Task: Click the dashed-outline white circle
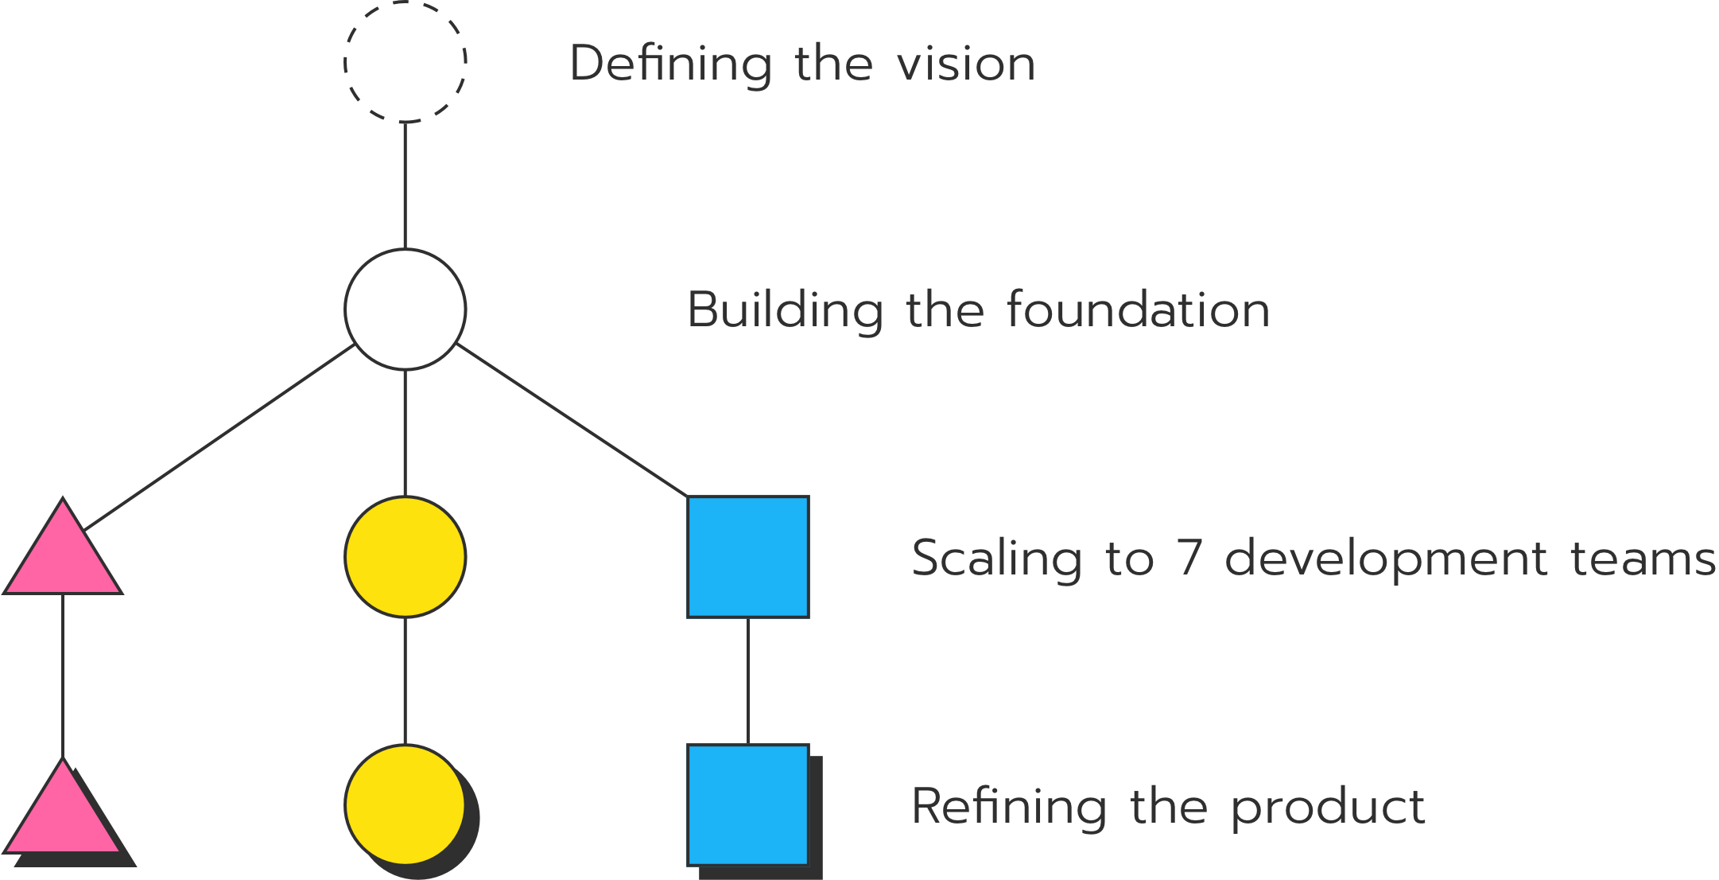pos(405,62)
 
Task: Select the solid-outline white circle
pos(405,310)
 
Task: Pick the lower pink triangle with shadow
pos(63,816)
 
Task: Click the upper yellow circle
pos(405,557)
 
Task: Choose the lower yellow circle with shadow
pos(405,804)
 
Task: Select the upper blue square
pos(748,557)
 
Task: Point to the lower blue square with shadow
pos(748,804)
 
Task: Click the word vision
pos(965,64)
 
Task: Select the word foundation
pos(1138,310)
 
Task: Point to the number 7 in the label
pos(1189,558)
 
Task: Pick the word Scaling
pos(996,559)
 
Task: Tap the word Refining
pos(1008,807)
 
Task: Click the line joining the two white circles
pos(405,186)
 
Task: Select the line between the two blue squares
pos(747,681)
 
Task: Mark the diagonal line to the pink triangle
pos(219,438)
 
